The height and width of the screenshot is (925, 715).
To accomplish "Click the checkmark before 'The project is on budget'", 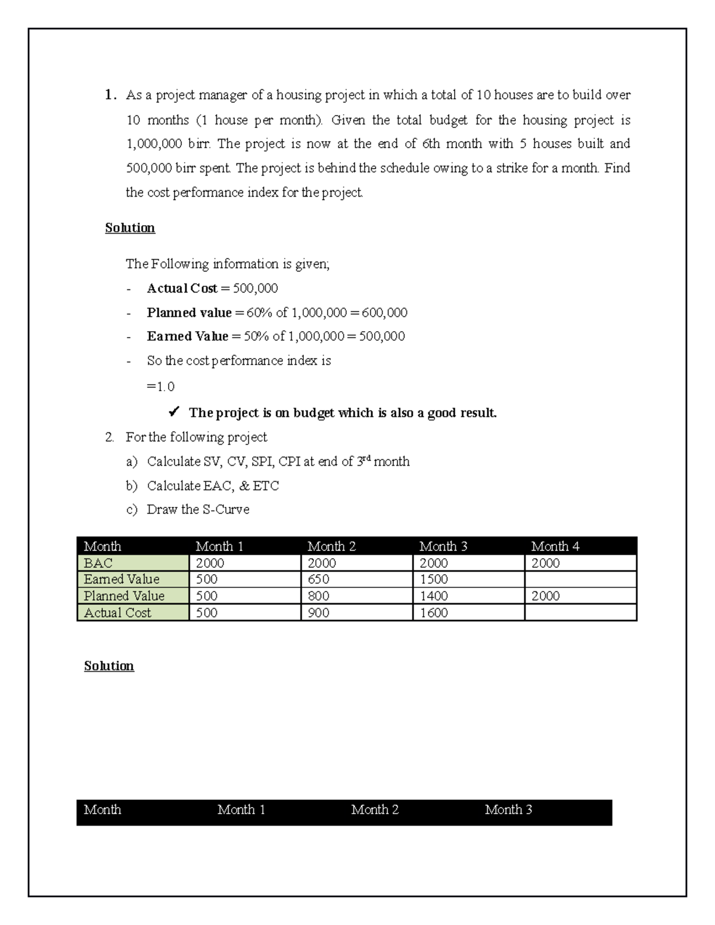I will point(174,412).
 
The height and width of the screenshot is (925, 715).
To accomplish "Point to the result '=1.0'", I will point(160,387).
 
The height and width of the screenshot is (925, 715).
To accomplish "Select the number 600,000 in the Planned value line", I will point(384,313).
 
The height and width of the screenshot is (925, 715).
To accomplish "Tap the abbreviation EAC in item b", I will point(218,485).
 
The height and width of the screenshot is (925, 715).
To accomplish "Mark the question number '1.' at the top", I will point(110,95).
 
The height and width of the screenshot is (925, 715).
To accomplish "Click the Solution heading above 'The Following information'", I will point(130,228).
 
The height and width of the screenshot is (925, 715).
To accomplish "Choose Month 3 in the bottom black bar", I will point(508,809).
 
